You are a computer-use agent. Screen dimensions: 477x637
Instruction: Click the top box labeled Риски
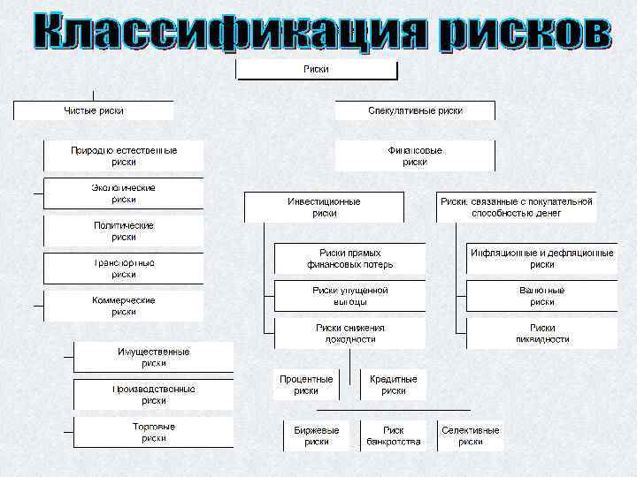316,71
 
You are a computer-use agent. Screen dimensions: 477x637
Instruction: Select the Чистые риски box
93,110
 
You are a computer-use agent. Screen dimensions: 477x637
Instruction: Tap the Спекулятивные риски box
415,110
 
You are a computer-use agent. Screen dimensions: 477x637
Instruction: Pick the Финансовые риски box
415,156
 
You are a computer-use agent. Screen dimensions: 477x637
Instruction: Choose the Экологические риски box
124,193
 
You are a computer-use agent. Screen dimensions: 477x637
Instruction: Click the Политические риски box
124,231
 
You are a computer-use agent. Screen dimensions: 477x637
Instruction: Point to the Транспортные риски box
124,269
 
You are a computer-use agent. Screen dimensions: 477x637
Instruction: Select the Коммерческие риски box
124,306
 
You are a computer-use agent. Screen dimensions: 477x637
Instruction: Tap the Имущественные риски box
153,357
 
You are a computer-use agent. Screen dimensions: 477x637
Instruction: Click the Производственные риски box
153,394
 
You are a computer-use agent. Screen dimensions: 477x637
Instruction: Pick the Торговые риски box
153,432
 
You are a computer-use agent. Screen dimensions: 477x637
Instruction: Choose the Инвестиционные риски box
324,208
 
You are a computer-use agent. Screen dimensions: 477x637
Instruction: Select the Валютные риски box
542,296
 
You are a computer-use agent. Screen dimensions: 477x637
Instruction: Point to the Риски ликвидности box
542,333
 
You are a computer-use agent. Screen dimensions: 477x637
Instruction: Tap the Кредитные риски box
394,384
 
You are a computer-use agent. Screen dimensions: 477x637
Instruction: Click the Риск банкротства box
394,435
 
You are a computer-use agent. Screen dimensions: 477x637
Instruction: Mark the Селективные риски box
470,435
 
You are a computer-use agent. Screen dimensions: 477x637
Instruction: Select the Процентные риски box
306,384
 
